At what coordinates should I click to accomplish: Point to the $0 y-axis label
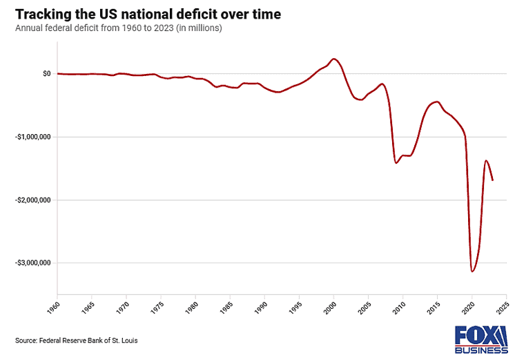(x=46, y=73)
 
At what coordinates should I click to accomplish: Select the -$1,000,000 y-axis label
(x=32, y=137)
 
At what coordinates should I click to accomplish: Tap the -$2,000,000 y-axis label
(x=32, y=200)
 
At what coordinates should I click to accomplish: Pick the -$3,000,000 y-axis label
(x=32, y=263)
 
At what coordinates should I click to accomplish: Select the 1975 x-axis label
(x=160, y=304)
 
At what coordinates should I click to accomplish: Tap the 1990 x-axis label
(x=264, y=304)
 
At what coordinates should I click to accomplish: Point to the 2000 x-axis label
(x=333, y=304)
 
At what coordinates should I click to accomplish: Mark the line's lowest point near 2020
(x=472, y=271)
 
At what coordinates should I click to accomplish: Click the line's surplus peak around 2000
(x=333, y=59)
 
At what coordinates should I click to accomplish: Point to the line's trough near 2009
(x=396, y=162)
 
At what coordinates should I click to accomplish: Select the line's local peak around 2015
(x=436, y=102)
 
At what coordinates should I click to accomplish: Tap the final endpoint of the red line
(x=492, y=180)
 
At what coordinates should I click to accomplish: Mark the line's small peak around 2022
(x=486, y=160)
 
